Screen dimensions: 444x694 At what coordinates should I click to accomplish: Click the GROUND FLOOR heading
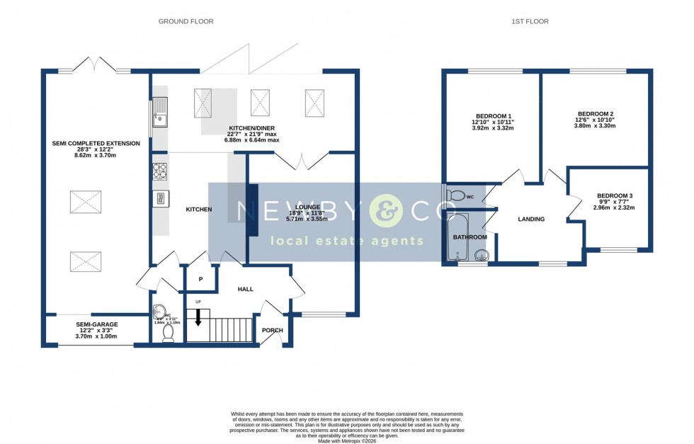click(x=186, y=21)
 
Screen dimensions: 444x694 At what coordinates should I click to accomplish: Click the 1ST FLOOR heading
click(x=530, y=21)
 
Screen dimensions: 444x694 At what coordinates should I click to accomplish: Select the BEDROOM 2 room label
click(x=595, y=114)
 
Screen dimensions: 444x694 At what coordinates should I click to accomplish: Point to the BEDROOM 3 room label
click(x=614, y=195)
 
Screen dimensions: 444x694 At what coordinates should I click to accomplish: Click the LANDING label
click(x=531, y=220)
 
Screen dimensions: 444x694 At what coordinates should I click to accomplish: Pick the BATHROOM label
click(x=470, y=237)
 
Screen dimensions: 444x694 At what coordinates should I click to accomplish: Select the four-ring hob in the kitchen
click(x=159, y=171)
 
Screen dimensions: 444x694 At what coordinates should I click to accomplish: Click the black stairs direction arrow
click(x=198, y=317)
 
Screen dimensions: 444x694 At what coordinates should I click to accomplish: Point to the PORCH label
click(x=272, y=330)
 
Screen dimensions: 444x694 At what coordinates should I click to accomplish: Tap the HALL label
click(x=245, y=289)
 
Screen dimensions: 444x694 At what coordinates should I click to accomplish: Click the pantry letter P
click(x=200, y=280)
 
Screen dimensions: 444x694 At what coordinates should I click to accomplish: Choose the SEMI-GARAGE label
click(x=97, y=324)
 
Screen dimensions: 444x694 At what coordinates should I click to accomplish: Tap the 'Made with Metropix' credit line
click(x=346, y=441)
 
